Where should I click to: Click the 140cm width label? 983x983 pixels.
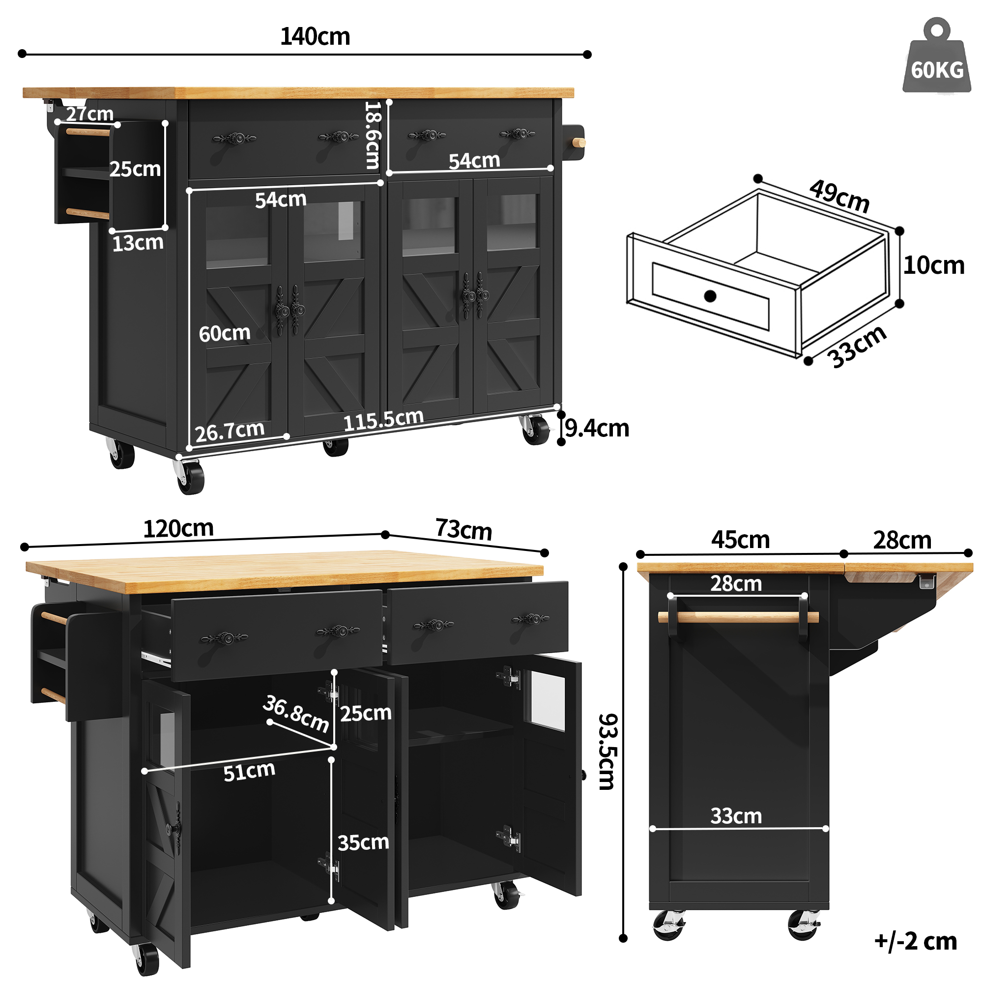[x=315, y=37]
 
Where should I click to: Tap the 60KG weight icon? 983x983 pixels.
[x=937, y=56]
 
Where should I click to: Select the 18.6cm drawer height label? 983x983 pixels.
[x=373, y=135]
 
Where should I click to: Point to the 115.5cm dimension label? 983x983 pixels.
[x=384, y=420]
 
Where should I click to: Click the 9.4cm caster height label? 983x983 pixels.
[x=597, y=428]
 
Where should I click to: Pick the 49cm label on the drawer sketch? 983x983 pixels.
[x=839, y=196]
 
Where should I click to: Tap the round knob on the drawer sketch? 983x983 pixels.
[x=710, y=295]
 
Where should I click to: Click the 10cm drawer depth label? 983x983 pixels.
[x=934, y=265]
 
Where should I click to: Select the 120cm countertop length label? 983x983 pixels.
[x=178, y=529]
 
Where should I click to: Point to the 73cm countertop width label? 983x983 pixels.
[x=463, y=529]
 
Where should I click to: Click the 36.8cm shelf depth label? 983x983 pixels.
[x=296, y=714]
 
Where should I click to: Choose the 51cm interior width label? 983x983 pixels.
[x=249, y=771]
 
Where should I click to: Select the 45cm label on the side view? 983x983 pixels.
[x=740, y=540]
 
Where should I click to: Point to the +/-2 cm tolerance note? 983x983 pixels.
[x=915, y=941]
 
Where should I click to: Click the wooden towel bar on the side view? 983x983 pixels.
[x=738, y=618]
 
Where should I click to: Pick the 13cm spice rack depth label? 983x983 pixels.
[x=138, y=243]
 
